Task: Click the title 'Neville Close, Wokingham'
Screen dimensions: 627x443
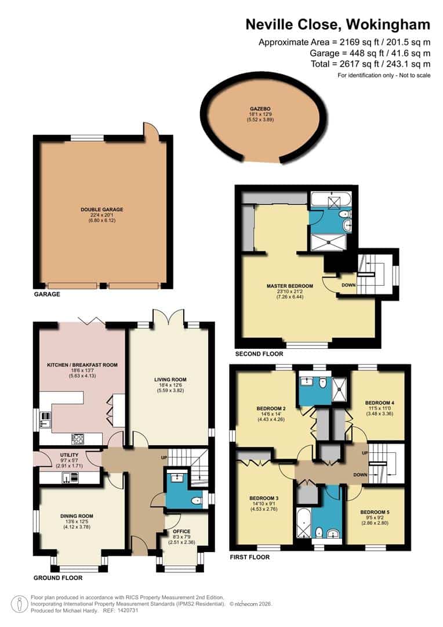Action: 338,24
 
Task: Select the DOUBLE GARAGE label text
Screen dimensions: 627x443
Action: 102,210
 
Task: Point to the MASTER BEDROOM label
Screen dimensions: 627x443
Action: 289,286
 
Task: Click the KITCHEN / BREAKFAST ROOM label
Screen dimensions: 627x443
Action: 82,365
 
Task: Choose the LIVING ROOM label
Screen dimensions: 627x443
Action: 170,380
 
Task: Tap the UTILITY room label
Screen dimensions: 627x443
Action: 60,456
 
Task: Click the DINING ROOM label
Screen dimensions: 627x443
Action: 77,516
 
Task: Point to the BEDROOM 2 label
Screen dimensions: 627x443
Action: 271,409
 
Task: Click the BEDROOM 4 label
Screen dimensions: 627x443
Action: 379,402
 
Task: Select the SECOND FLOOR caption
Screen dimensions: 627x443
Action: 259,354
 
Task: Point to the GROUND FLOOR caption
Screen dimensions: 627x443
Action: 57,578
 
